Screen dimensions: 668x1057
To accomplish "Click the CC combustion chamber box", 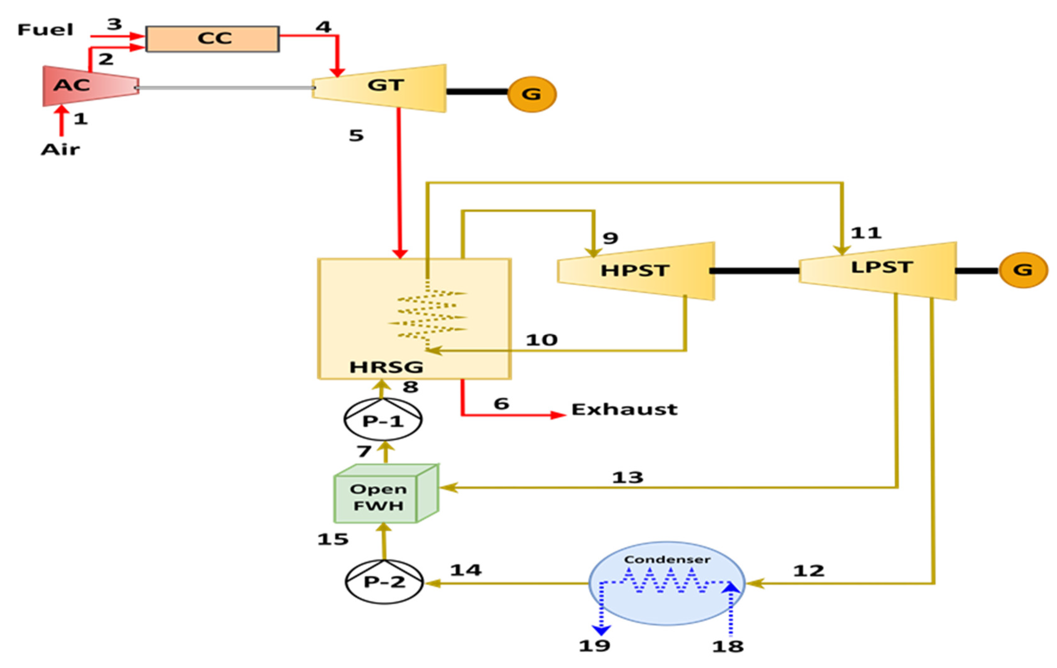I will [213, 39].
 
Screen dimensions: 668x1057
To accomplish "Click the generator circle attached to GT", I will [531, 94].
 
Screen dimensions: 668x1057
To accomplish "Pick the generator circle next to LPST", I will [1023, 270].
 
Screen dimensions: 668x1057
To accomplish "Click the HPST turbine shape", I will [636, 271].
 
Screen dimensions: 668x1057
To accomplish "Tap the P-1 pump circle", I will [383, 420].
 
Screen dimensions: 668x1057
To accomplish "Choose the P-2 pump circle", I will [384, 582].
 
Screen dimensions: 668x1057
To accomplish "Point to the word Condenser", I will [667, 560].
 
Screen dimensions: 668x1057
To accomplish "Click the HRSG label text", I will [386, 367].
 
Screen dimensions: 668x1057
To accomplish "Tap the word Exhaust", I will [624, 409].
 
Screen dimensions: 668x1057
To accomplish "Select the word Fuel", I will [45, 30].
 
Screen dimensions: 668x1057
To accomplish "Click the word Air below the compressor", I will [61, 150].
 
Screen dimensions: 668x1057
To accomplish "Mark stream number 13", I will [628, 477].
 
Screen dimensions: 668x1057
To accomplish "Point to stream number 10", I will [542, 340].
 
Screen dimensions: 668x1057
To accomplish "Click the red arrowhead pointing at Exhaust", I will [558, 415].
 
